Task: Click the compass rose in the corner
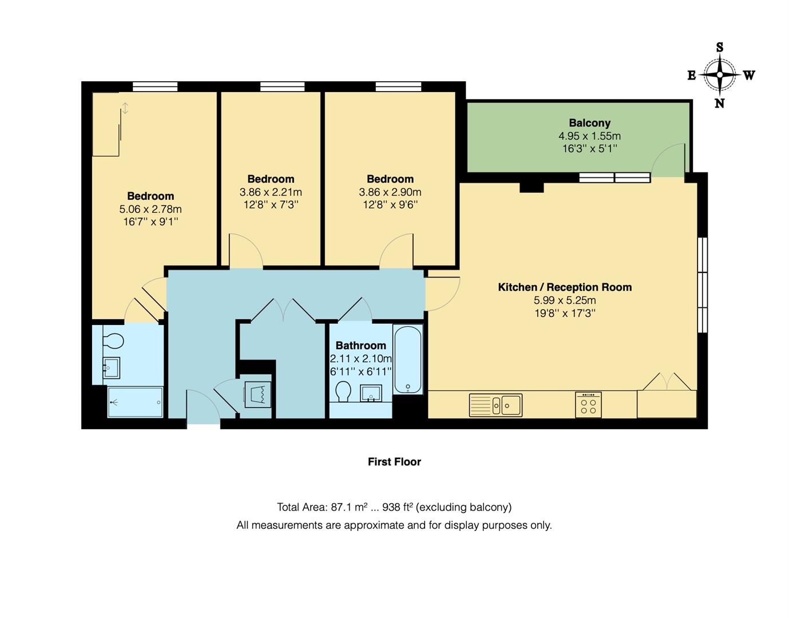pyautogui.click(x=720, y=75)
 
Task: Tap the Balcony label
pyautogui.click(x=589, y=123)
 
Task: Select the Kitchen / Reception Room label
pyautogui.click(x=565, y=287)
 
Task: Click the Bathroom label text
pyautogui.click(x=360, y=346)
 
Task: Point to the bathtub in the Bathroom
pyautogui.click(x=408, y=359)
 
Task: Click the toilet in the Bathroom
pyautogui.click(x=343, y=392)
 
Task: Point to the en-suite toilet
pyautogui.click(x=113, y=341)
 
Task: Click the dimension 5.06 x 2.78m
pyautogui.click(x=150, y=209)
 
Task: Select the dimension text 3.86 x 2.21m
pyautogui.click(x=271, y=192)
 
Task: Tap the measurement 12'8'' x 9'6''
pyautogui.click(x=390, y=205)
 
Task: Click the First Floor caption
pyautogui.click(x=394, y=462)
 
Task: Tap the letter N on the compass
pyautogui.click(x=719, y=104)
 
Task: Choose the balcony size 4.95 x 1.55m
pyautogui.click(x=589, y=136)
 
